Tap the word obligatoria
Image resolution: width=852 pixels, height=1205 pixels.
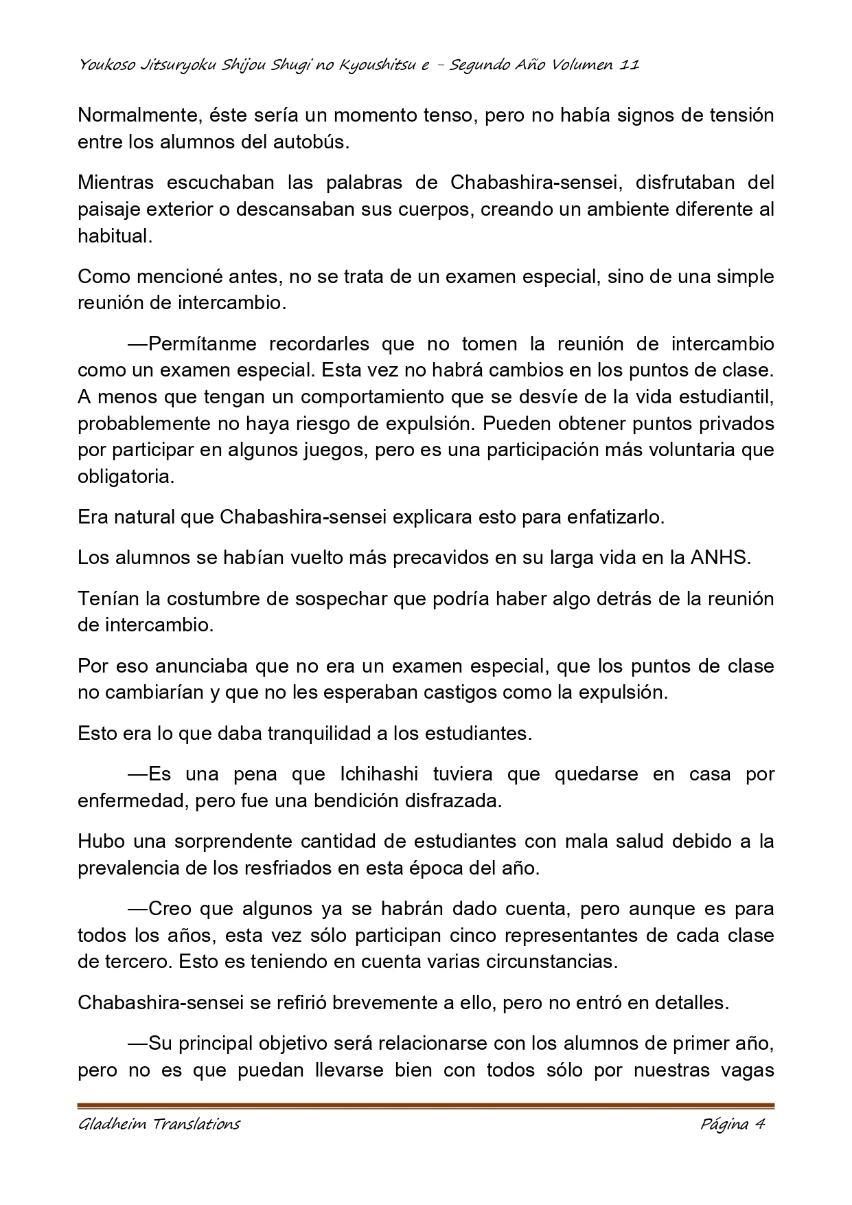126,476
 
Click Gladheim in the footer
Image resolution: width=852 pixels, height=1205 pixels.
106,1124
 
